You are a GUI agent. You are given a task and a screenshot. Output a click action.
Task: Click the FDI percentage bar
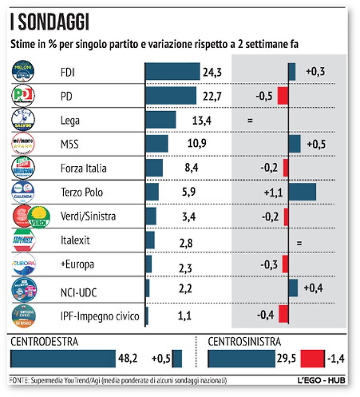(x=172, y=72)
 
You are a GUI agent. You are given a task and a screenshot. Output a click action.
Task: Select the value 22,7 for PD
(x=211, y=96)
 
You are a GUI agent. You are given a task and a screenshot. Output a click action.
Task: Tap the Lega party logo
(x=23, y=120)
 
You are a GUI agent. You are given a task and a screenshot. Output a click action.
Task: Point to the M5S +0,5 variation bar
(x=295, y=144)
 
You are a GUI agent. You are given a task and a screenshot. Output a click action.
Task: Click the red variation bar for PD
(x=282, y=96)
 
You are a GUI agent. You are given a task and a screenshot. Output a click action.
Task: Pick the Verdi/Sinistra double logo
(x=31, y=216)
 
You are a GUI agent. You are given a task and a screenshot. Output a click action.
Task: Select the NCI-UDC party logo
(x=24, y=289)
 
